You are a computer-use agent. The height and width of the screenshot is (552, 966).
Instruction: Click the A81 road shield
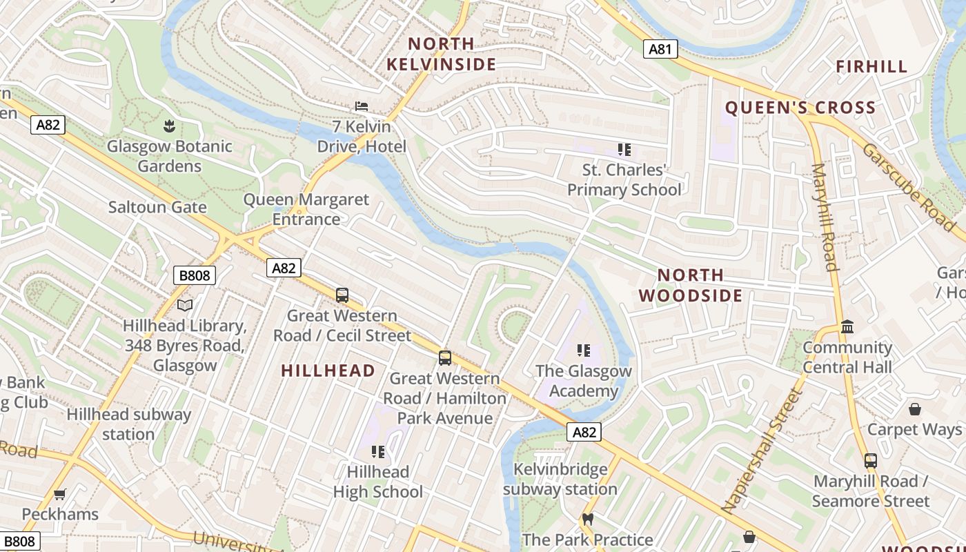point(660,49)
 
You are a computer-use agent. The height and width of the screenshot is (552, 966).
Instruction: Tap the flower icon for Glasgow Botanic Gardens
point(169,126)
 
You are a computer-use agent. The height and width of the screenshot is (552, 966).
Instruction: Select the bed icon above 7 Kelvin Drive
point(361,106)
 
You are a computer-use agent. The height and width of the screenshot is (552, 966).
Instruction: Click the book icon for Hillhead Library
point(185,305)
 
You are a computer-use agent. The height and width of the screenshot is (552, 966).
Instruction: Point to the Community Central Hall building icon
point(847,326)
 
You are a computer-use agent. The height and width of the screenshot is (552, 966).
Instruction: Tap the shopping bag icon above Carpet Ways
point(915,409)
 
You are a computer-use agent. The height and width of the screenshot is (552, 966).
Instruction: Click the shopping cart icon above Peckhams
point(60,494)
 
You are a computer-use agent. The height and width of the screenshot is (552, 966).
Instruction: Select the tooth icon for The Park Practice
point(588,519)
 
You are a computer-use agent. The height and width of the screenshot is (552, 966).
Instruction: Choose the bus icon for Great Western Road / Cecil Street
point(342,295)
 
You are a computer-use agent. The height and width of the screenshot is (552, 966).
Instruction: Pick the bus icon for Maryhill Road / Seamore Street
point(871,460)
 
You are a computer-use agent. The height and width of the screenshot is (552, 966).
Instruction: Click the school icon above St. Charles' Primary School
point(624,150)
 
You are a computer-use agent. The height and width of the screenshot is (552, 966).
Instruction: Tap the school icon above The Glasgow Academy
point(584,351)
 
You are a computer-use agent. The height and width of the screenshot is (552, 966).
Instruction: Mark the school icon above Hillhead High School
point(377,452)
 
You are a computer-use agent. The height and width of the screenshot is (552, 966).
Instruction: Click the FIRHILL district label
point(871,67)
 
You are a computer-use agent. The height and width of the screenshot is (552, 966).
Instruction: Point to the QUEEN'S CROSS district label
point(800,108)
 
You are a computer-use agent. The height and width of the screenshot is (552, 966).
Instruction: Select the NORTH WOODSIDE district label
point(691,285)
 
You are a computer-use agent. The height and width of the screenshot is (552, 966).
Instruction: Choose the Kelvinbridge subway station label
point(560,480)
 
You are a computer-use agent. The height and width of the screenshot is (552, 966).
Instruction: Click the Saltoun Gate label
point(157,207)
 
